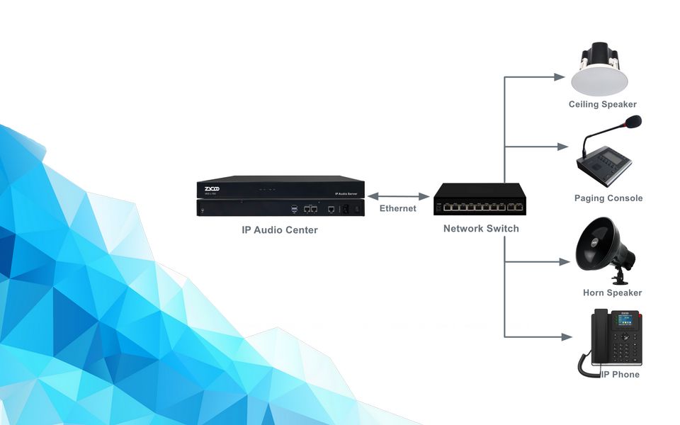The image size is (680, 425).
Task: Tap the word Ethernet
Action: tap(397, 208)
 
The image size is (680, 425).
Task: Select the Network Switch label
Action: tap(481, 228)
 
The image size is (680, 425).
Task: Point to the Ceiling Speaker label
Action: tap(602, 105)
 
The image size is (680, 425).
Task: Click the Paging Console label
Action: tap(608, 198)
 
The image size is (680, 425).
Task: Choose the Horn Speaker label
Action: tap(612, 293)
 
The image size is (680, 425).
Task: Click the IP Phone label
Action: tap(620, 374)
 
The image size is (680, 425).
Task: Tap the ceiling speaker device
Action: tap(601, 72)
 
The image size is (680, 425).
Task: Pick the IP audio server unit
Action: tap(280, 196)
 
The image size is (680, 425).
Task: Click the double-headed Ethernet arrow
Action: tap(399, 195)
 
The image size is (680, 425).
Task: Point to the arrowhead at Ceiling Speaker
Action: tap(564, 76)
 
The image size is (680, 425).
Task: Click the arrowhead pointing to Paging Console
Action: tap(564, 147)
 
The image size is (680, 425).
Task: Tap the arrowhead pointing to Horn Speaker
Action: tap(564, 261)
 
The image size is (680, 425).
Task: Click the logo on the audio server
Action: tap(211, 188)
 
